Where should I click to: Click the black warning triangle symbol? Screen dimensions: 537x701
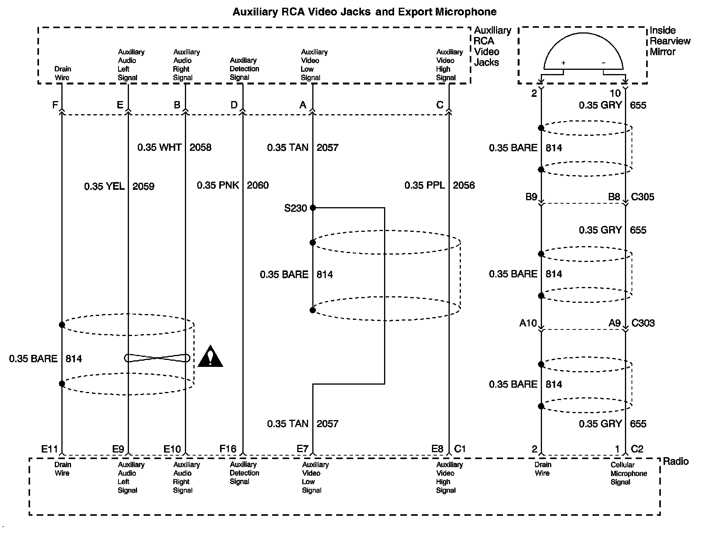pos(210,357)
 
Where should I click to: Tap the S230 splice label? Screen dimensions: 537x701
pos(295,208)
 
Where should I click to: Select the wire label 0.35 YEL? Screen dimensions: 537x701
pos(104,187)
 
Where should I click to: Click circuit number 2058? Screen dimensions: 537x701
pos(200,147)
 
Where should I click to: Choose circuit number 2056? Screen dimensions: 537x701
pos(464,186)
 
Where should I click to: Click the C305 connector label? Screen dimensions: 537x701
pos(642,197)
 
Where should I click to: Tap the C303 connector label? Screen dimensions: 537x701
pos(643,323)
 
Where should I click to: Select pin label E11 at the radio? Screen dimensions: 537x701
pos(49,449)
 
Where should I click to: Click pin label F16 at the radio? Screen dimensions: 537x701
pos(228,449)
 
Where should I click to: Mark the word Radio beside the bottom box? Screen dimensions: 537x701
pos(676,461)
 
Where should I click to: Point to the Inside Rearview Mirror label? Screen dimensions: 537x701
pos(670,41)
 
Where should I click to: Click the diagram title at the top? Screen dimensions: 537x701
pos(364,12)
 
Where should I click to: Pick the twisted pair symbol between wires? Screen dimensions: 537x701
pos(157,358)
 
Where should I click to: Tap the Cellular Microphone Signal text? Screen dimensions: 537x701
pos(628,473)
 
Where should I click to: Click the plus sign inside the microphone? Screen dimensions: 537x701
pos(563,63)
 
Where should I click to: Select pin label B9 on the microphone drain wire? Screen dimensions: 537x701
pos(531,197)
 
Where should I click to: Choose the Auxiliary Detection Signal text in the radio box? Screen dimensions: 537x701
pos(244,473)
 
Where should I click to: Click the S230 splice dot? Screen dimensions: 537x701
pos(313,208)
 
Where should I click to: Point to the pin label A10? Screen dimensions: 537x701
pos(528,323)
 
